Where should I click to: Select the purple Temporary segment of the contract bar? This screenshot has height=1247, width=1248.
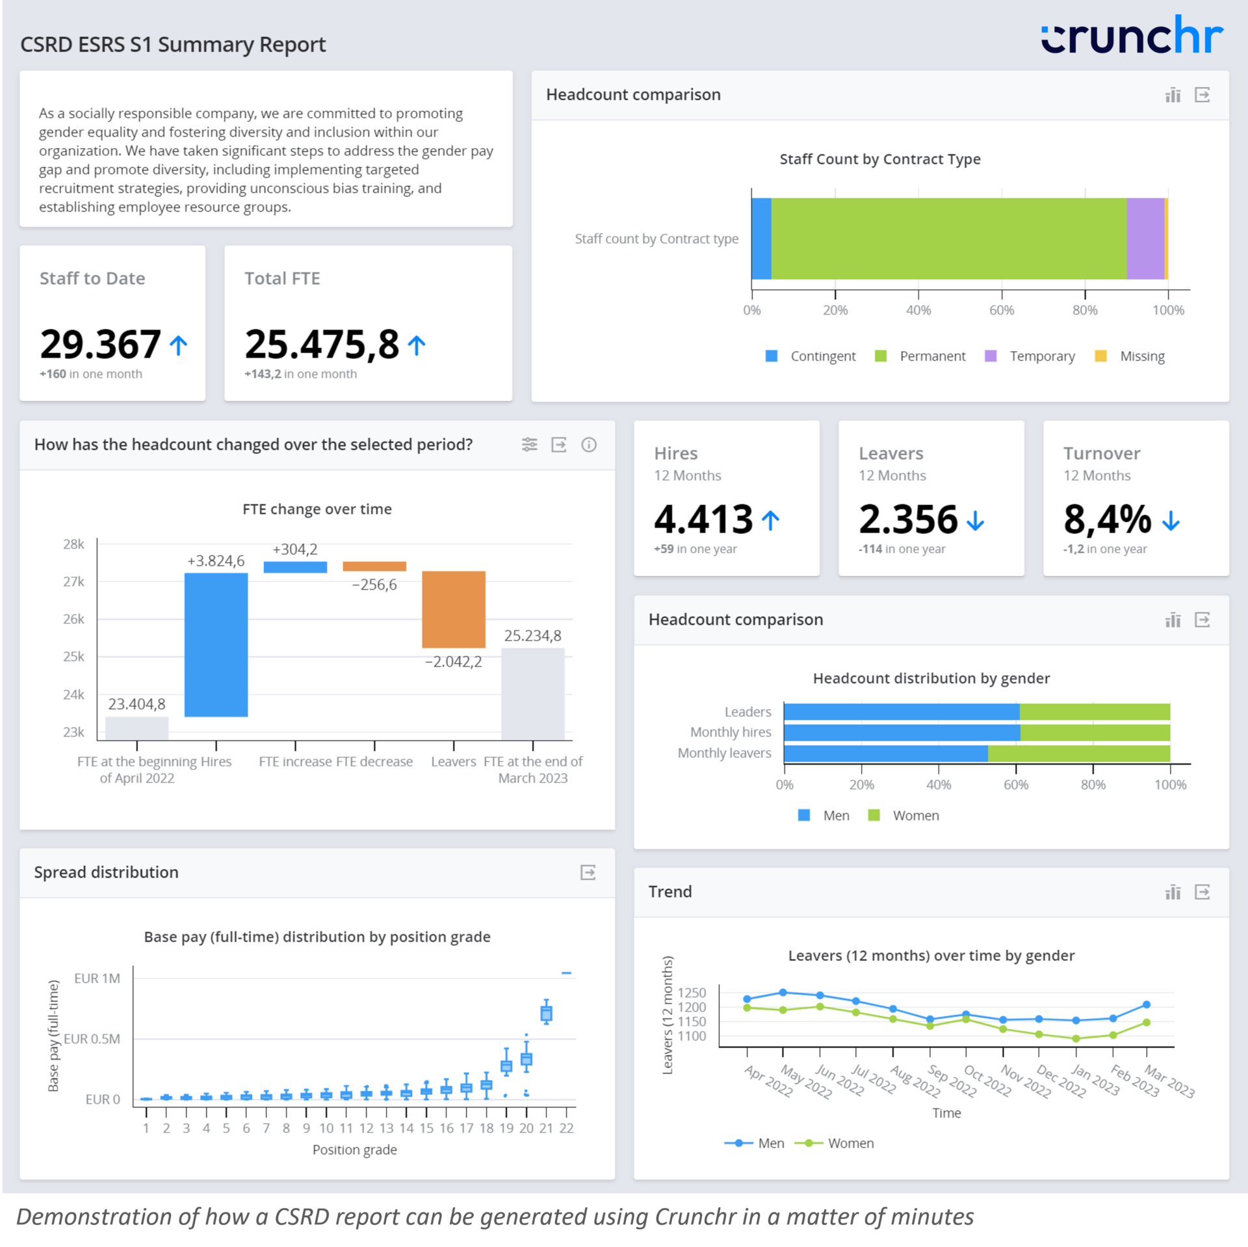pyautogui.click(x=1145, y=239)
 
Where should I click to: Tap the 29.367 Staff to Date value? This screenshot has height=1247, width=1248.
pyautogui.click(x=100, y=344)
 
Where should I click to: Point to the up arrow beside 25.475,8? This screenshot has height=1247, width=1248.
pyautogui.click(x=417, y=345)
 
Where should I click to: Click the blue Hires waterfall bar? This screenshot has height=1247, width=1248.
pyautogui.click(x=216, y=644)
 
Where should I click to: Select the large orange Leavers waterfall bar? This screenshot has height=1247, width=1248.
pyautogui.click(x=453, y=609)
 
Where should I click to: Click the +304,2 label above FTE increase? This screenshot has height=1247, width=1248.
pyautogui.click(x=295, y=549)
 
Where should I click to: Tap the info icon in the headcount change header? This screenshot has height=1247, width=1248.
pyautogui.click(x=588, y=445)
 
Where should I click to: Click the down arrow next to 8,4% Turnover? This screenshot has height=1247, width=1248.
pyautogui.click(x=1171, y=521)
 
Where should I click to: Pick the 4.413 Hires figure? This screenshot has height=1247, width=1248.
pyautogui.click(x=703, y=519)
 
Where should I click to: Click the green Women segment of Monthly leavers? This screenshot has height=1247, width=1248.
pyautogui.click(x=1078, y=754)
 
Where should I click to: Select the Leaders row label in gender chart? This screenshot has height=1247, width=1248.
pyautogui.click(x=747, y=712)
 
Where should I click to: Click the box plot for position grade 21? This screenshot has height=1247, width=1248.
pyautogui.click(x=546, y=1013)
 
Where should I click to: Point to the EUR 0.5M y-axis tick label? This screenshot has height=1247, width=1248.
pyautogui.click(x=92, y=1039)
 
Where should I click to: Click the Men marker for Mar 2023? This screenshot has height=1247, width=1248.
pyautogui.click(x=1147, y=1004)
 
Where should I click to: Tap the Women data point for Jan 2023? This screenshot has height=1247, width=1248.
pyautogui.click(x=1076, y=1038)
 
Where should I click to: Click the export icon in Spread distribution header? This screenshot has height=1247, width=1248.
pyautogui.click(x=588, y=873)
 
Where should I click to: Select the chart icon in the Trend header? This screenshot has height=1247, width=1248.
pyautogui.click(x=1173, y=892)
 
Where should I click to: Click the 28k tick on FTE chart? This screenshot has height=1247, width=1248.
pyautogui.click(x=73, y=544)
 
